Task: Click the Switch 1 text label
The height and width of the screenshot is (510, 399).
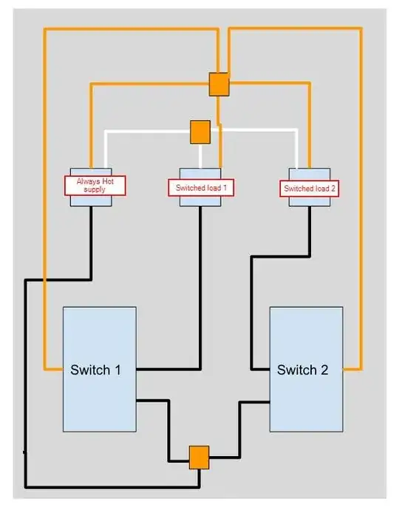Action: click(x=95, y=369)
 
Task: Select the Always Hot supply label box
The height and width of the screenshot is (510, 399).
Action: click(x=91, y=184)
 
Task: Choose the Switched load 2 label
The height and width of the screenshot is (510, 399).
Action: click(x=310, y=188)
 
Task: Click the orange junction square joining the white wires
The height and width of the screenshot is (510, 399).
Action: click(x=200, y=132)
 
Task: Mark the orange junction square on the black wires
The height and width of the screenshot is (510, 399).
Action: click(x=199, y=457)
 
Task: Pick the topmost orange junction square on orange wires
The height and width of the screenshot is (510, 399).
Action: click(x=219, y=84)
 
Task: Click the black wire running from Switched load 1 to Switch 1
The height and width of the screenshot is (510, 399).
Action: click(x=201, y=296)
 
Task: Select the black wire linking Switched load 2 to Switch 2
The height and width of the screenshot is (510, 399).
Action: click(x=253, y=311)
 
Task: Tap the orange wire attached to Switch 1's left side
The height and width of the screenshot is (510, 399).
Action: click(x=45, y=222)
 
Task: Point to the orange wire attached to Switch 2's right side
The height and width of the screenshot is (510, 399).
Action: click(x=361, y=222)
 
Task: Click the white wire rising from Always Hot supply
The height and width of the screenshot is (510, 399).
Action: click(x=105, y=148)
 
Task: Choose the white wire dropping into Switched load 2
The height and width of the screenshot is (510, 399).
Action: click(x=297, y=148)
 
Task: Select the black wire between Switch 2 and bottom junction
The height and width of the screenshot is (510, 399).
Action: click(x=239, y=429)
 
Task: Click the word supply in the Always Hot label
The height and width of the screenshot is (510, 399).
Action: click(x=95, y=189)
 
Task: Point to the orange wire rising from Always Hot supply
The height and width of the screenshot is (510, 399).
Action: click(x=91, y=126)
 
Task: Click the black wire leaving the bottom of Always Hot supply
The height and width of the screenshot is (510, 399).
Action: click(x=91, y=244)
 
